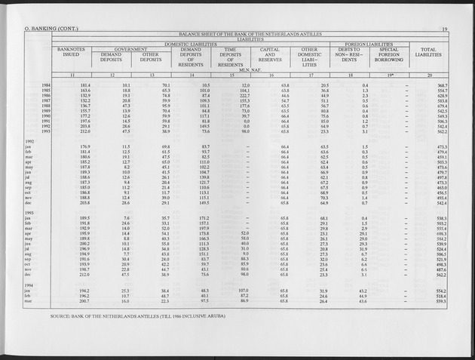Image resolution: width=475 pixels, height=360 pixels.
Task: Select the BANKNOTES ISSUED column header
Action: coord(72,54)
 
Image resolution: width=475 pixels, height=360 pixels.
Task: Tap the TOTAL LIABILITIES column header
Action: coord(428,57)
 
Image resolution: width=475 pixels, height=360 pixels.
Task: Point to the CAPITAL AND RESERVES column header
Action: coord(270,57)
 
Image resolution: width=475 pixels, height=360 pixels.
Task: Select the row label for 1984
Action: coord(47,85)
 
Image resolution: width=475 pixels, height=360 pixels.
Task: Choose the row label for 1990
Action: coord(47,117)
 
